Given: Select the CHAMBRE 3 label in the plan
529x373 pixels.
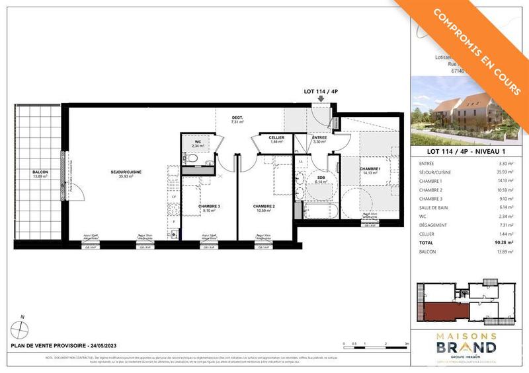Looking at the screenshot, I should [x=210, y=207].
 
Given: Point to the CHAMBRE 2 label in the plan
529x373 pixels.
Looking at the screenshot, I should [x=264, y=207].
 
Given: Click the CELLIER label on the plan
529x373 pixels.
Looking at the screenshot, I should [x=277, y=137].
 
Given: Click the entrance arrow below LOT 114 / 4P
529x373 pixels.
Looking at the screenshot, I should [x=321, y=99].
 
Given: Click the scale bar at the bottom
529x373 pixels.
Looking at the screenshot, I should [x=376, y=343].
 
